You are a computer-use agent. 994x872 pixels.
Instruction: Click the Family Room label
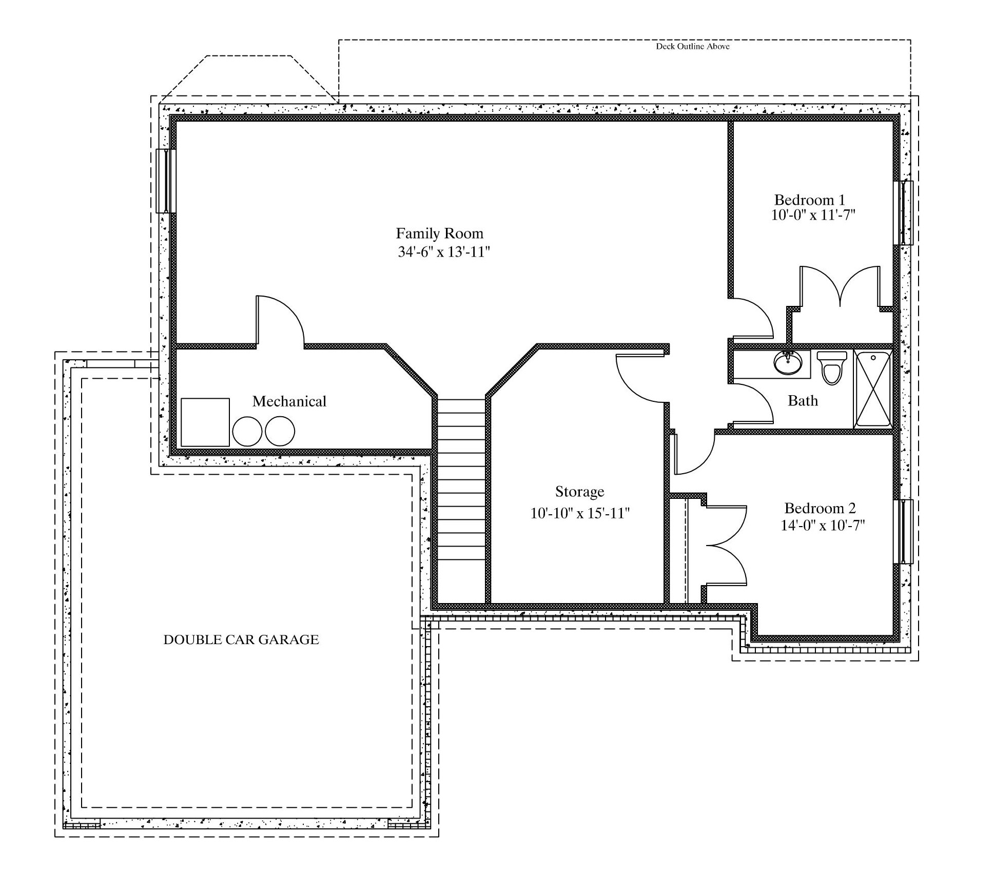tap(439, 234)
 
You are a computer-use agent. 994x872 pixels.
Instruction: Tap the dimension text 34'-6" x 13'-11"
tap(444, 252)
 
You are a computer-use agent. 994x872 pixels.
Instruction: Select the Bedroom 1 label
tap(809, 200)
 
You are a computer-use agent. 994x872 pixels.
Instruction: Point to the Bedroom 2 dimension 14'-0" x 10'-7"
tap(823, 526)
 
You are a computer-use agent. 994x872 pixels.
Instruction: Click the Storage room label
tap(579, 492)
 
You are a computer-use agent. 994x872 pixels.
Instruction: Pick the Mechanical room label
tap(289, 401)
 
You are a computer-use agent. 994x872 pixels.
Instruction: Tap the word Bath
tap(803, 400)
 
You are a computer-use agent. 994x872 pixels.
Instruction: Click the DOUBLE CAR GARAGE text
tap(241, 640)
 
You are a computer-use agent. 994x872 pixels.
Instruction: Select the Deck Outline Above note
tap(693, 46)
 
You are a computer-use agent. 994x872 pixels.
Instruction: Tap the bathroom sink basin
tap(787, 363)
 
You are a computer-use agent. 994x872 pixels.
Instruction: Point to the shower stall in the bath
tap(873, 389)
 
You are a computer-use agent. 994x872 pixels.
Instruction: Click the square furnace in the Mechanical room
tap(205, 422)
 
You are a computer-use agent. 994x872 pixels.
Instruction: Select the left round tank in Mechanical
tap(247, 431)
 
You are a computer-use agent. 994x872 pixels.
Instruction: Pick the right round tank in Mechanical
tap(280, 431)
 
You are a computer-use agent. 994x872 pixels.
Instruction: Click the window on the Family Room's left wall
tap(166, 181)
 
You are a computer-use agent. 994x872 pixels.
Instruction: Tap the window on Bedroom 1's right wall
tap(903, 212)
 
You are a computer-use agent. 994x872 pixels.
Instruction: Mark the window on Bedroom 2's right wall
tap(903, 532)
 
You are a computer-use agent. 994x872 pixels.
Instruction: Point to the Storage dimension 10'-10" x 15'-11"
tap(580, 513)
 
